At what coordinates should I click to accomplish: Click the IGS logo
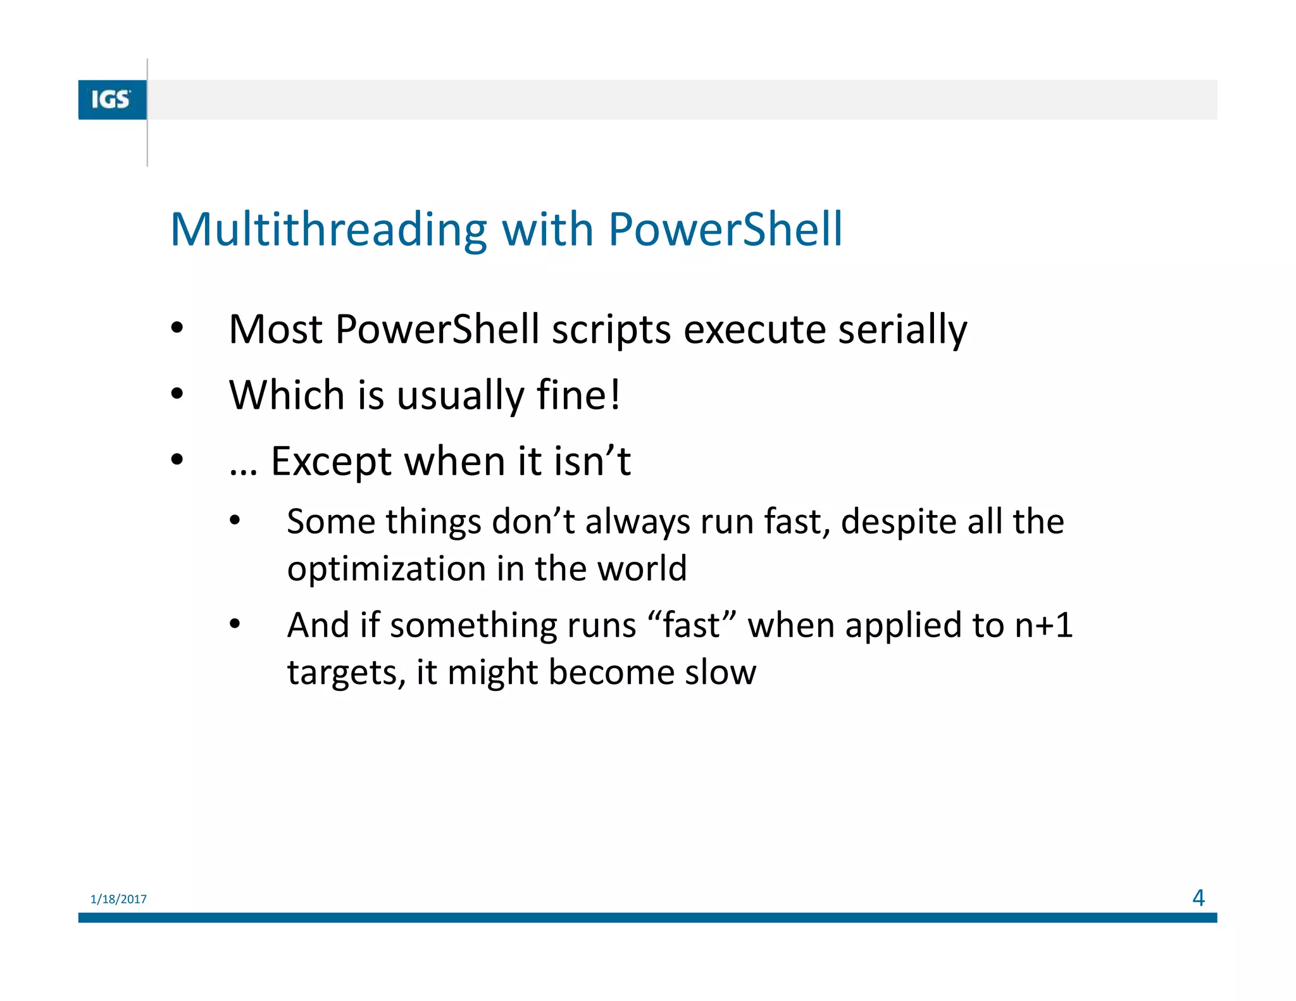pos(111,99)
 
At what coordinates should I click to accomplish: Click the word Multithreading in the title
pos(328,229)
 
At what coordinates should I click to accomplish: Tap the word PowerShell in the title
pos(725,229)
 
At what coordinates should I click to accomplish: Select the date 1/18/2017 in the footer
pos(118,899)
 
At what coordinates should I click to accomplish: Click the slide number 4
pos(1198,898)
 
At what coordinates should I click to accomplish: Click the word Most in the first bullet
pos(275,330)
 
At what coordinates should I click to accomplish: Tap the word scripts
pos(611,331)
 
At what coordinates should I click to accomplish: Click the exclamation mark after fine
pos(615,395)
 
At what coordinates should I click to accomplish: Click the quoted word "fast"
pos(692,625)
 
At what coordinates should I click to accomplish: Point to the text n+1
pos(1044,625)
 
